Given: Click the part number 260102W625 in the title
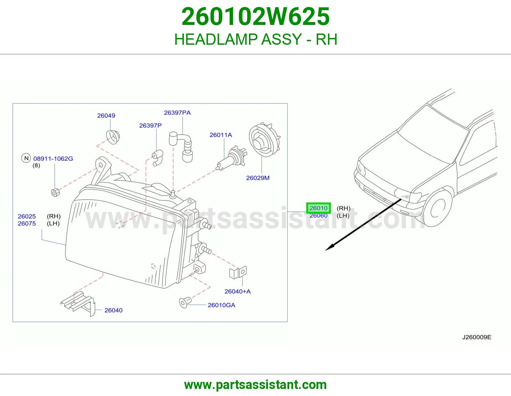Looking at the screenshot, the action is coord(256,17).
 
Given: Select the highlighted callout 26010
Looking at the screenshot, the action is coord(318,208).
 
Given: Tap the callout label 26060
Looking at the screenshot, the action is coord(318,216).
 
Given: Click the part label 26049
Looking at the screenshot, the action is coord(106,116).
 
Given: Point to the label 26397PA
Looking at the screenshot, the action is coord(177,113).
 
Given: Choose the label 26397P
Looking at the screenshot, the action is coord(150,126).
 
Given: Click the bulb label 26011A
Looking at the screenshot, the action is coord(221,135).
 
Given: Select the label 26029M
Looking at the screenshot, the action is coord(258,178).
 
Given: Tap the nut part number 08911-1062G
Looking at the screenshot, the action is coord(53,159).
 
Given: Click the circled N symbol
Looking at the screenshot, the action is coord(26,158).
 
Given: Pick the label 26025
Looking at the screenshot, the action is coord(27,216).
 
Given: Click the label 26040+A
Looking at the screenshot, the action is coord(238,292).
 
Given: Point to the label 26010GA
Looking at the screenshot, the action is coord(221,305).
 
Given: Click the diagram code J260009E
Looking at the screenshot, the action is coord(477,337).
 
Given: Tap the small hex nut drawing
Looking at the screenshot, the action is coord(56,192).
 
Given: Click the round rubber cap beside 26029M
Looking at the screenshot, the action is coord(265,140).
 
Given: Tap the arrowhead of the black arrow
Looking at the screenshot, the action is coord(330,247).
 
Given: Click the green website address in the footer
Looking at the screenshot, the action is coord(256,385).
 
